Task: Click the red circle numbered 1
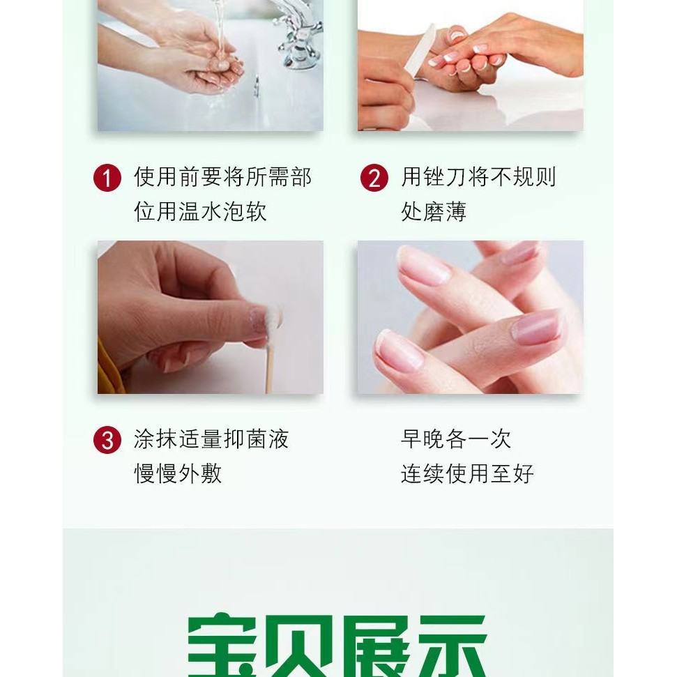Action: pos(107,178)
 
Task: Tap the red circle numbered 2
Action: pos(374,178)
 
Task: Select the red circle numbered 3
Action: pos(107,440)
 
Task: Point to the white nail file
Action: pos(419,52)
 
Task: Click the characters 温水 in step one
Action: pos(200,211)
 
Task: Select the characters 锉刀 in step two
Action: pos(445,177)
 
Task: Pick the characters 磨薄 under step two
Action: pos(445,211)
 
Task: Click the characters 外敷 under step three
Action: pos(200,473)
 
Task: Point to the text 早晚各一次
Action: pos(456,439)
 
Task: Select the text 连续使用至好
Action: pos(467,473)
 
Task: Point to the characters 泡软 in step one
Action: pos(245,211)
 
